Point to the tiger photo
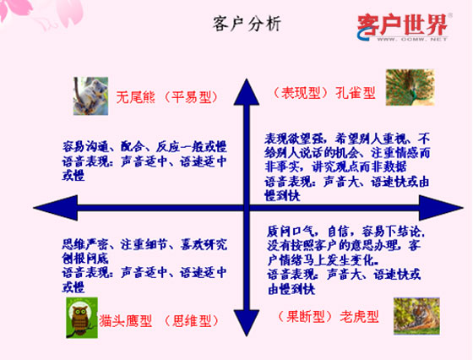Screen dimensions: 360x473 point(414,317)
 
